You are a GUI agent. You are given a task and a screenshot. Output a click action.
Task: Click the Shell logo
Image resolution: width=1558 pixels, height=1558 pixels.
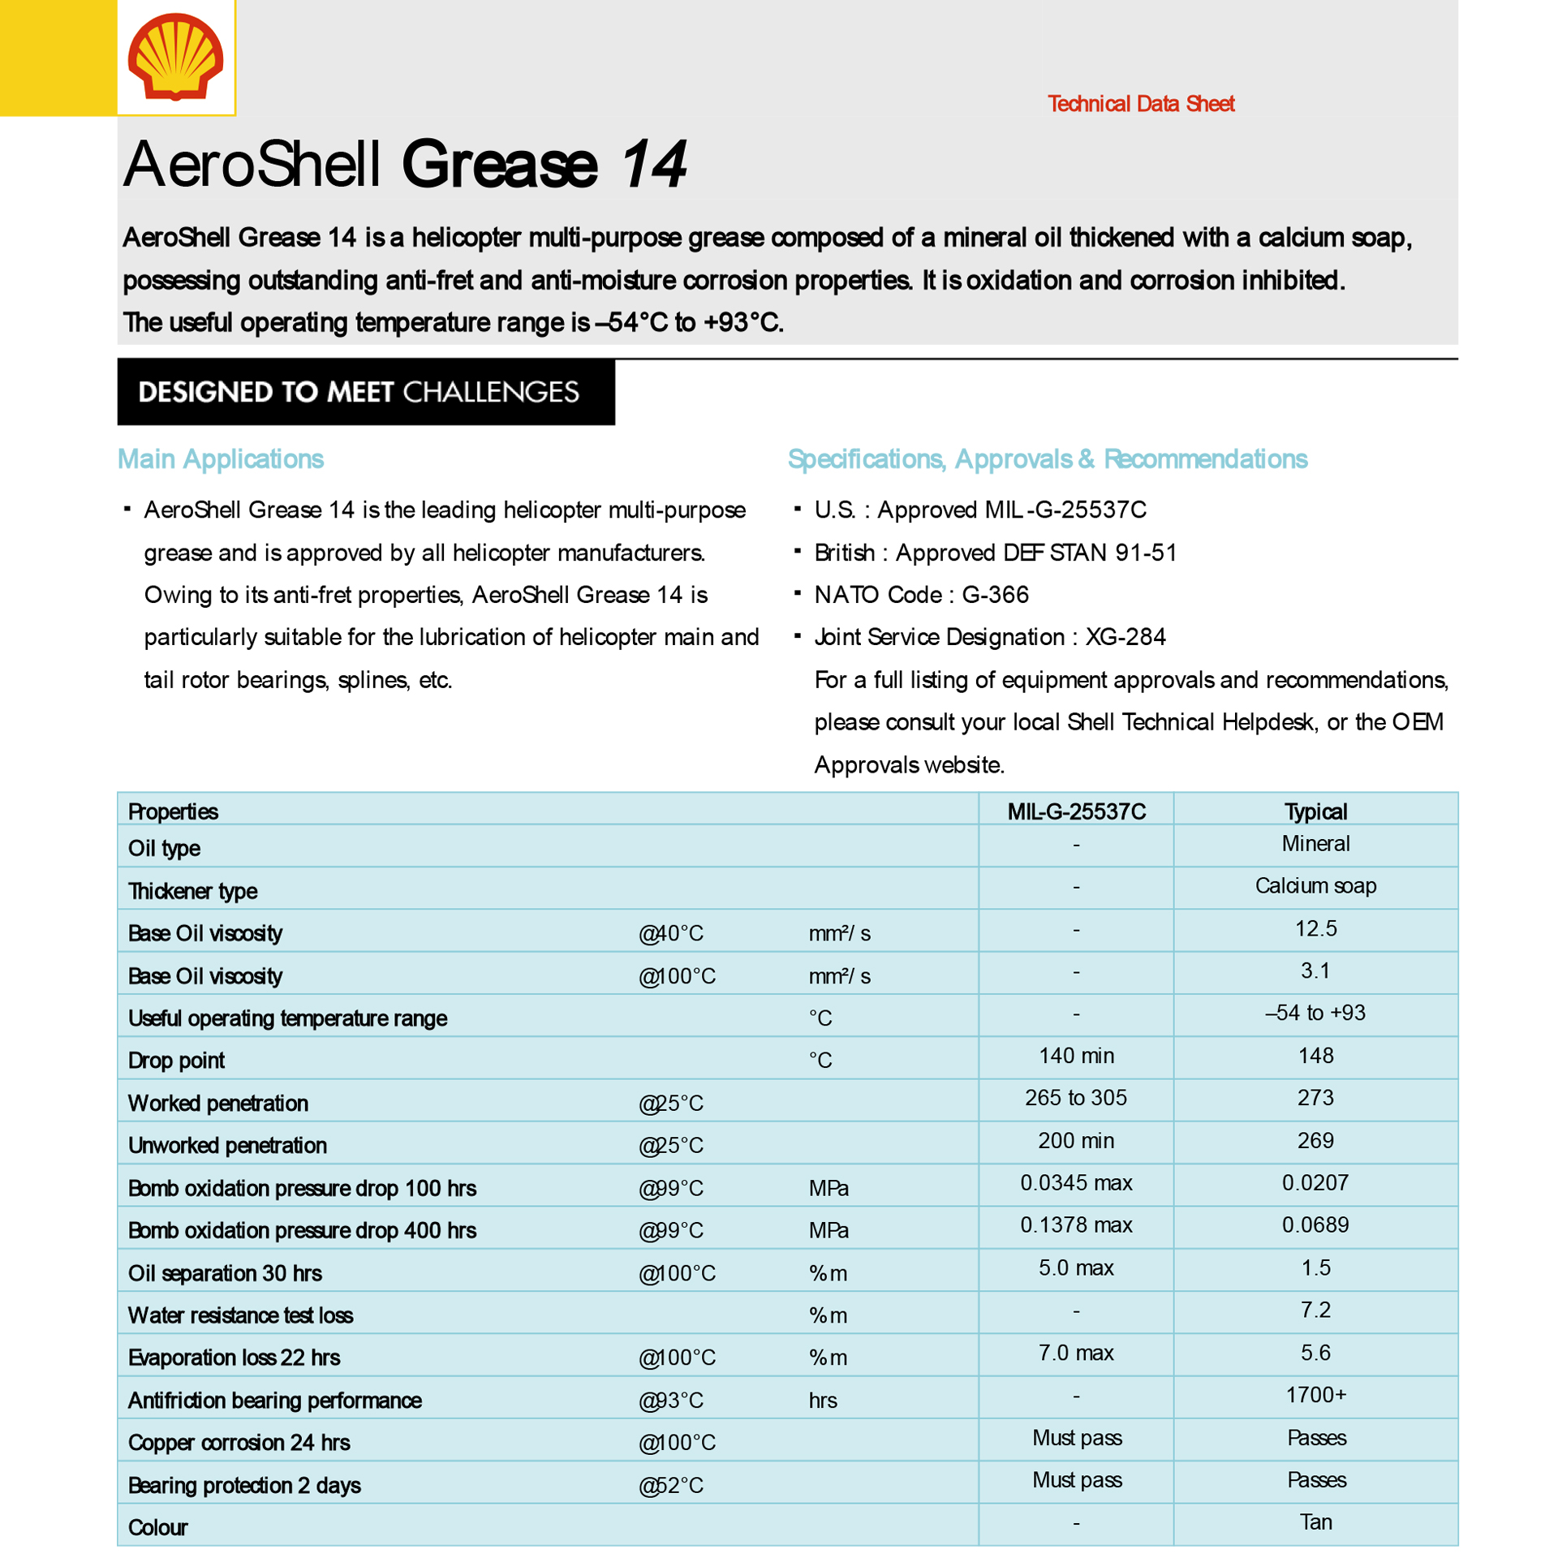tap(175, 57)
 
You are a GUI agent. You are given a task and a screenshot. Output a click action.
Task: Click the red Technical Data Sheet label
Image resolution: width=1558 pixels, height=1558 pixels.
tap(1140, 104)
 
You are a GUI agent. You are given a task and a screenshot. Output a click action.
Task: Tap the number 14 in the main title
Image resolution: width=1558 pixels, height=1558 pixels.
tap(654, 165)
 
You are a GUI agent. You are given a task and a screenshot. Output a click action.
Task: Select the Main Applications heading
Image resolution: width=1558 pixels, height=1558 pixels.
tap(221, 459)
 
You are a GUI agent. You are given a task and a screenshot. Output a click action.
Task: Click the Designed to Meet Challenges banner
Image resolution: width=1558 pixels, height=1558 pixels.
tap(365, 392)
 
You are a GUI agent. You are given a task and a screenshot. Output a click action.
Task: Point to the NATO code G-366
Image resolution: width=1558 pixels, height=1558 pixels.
tap(995, 595)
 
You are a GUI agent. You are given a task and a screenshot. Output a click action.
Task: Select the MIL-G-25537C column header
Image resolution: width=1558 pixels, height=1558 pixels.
tap(1076, 811)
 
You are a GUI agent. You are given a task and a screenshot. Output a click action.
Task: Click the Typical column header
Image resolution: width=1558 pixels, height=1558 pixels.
tap(1315, 811)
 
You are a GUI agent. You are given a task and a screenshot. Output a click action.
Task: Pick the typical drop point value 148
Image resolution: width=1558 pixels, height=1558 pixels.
tap(1315, 1056)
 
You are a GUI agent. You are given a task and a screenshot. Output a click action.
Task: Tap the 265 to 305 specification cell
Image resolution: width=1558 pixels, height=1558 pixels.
tap(1076, 1098)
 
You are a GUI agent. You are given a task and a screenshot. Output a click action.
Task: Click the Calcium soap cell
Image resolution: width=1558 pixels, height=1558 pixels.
tap(1315, 886)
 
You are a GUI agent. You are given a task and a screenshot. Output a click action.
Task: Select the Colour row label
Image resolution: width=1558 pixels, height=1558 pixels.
tap(158, 1528)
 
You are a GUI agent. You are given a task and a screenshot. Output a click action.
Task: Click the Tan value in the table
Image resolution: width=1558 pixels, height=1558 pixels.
tap(1315, 1522)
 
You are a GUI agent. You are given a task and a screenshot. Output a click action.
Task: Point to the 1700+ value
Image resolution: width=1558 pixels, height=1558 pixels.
tap(1315, 1395)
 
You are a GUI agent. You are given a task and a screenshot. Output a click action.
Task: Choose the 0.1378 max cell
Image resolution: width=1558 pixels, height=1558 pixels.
tap(1076, 1225)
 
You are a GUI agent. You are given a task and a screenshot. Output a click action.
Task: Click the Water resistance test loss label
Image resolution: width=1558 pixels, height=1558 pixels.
tap(241, 1315)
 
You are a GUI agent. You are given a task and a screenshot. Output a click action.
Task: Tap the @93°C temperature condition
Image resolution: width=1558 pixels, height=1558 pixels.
tap(671, 1401)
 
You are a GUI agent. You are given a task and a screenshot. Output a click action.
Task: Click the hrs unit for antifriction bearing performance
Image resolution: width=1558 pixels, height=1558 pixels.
tap(823, 1401)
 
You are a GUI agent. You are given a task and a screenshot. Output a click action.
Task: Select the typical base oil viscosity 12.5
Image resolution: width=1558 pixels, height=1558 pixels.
tap(1315, 928)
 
